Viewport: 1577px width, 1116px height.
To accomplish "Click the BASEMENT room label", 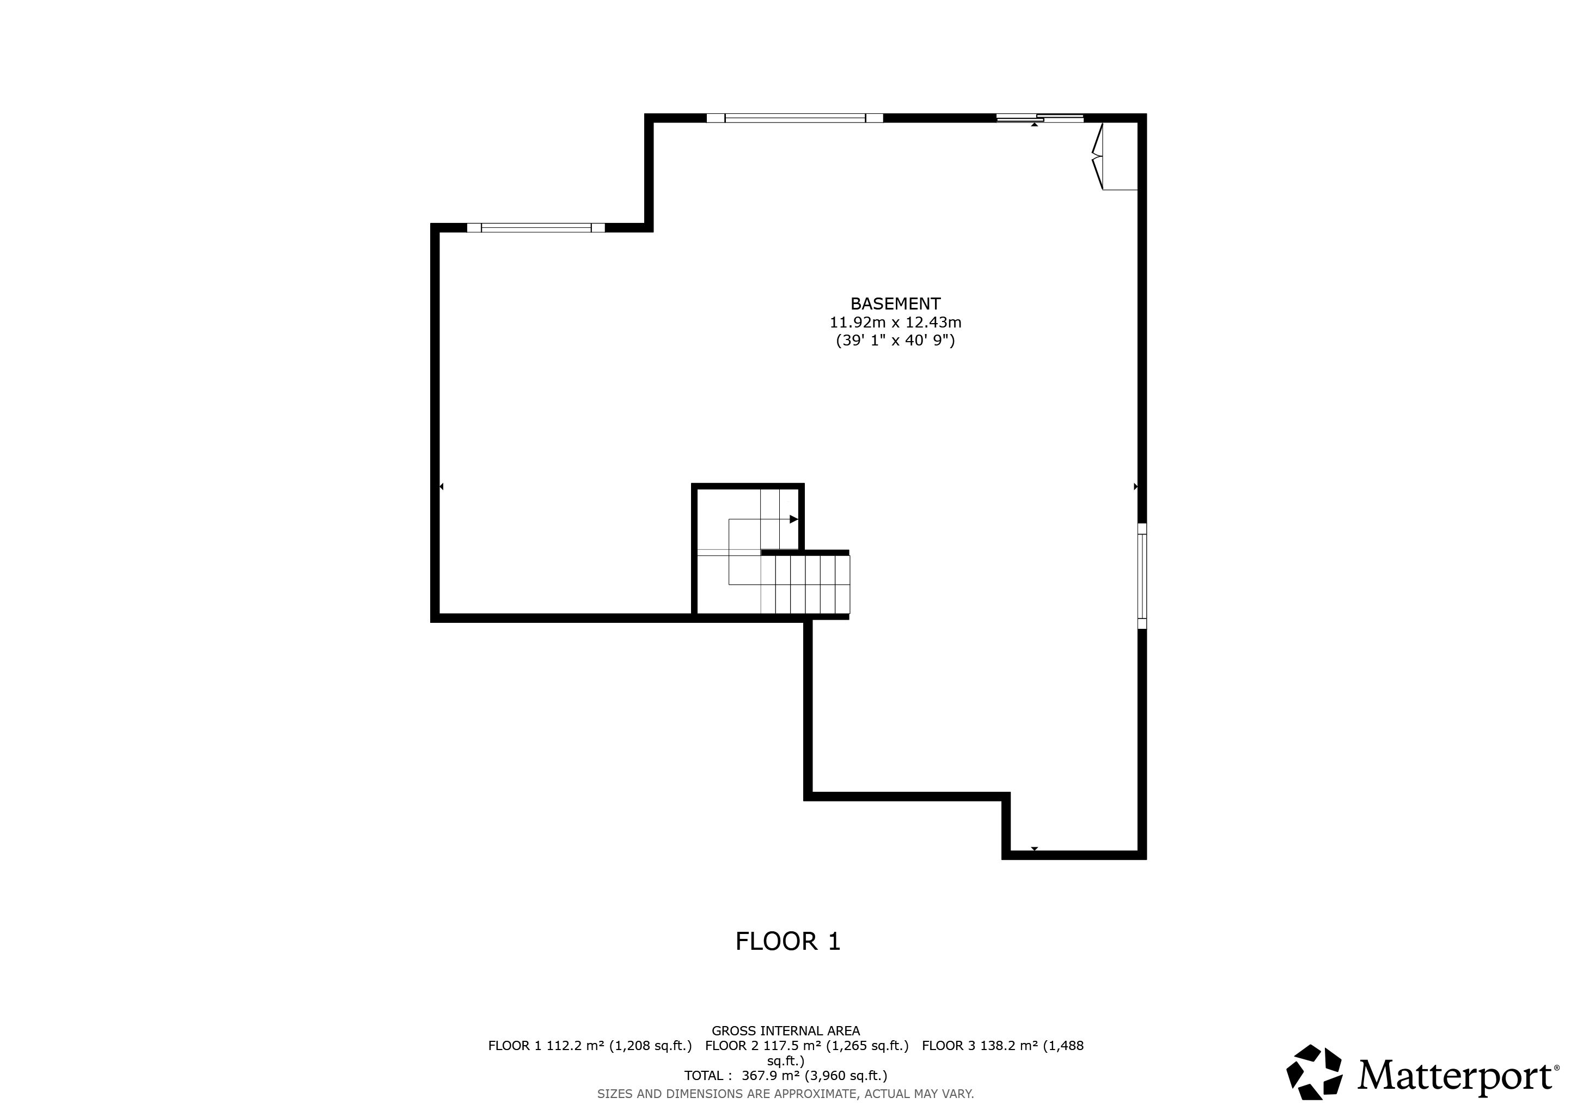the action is point(895,304).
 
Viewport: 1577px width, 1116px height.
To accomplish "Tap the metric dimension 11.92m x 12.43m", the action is point(895,322).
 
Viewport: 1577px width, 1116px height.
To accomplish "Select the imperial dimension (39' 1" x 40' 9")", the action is point(895,340).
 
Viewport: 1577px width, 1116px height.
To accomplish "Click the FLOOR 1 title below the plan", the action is point(788,942).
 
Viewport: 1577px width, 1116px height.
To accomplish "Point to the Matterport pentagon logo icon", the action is point(1314,1072).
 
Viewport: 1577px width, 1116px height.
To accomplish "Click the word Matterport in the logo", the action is point(1454,1076).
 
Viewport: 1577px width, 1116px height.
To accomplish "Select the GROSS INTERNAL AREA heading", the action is point(785,1031).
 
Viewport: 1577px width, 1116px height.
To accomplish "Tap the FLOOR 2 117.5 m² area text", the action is point(806,1046).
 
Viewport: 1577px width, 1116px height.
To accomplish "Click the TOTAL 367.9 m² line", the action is point(785,1076).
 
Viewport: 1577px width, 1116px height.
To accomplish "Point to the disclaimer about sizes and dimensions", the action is point(785,1093).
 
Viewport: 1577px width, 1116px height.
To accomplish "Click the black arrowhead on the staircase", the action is point(793,519).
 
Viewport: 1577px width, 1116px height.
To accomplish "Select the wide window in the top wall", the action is point(794,118).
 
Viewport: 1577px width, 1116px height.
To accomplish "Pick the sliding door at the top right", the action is point(1040,118).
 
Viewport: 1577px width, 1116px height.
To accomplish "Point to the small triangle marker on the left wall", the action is point(441,487).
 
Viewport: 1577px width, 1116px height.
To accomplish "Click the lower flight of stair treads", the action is point(805,584).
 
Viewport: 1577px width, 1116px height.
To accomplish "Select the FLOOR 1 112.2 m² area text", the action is point(590,1046).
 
